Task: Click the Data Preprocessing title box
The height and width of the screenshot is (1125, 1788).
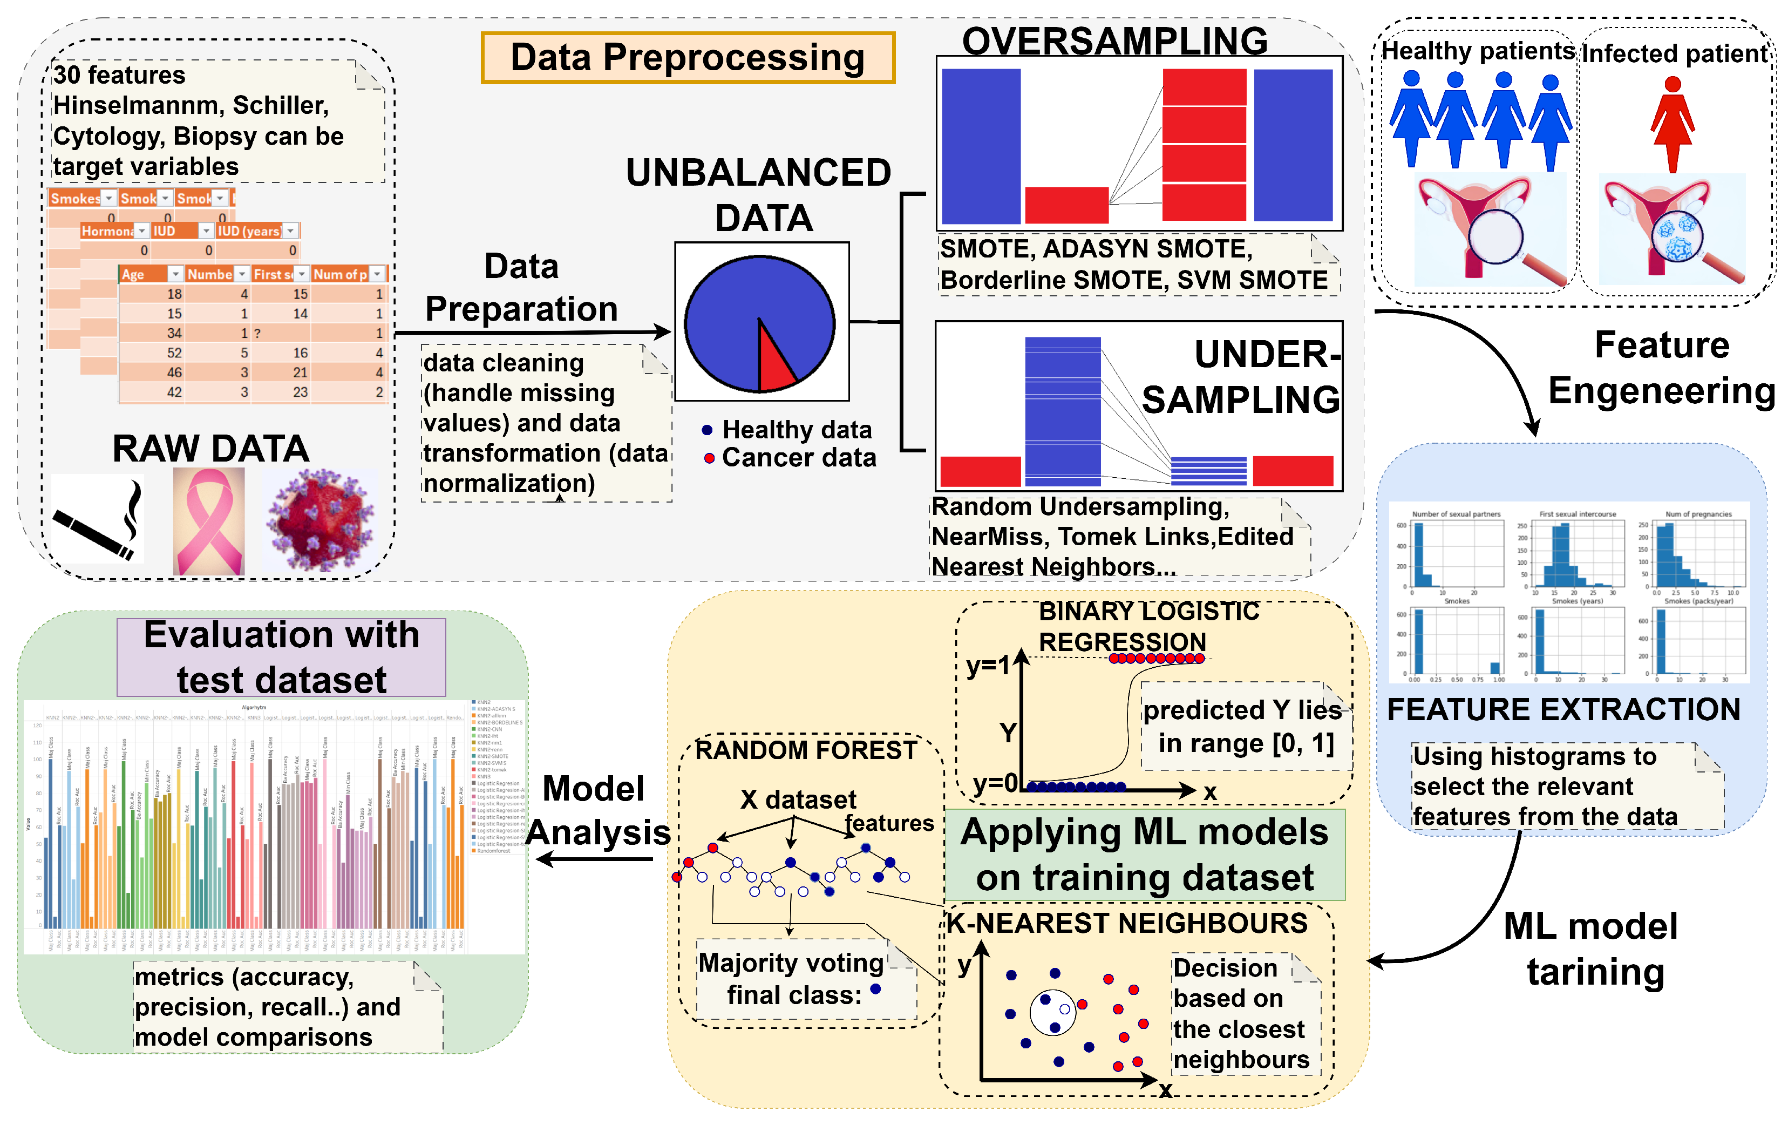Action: (x=688, y=57)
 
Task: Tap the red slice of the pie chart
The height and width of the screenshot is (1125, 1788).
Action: (x=774, y=362)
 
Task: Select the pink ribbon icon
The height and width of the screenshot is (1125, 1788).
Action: (x=209, y=521)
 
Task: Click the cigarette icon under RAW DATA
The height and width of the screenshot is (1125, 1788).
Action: (x=97, y=520)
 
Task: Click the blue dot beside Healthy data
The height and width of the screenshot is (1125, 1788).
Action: (x=707, y=430)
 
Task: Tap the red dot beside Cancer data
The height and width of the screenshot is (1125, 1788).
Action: (x=709, y=458)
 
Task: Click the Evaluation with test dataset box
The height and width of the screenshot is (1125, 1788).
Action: (x=281, y=657)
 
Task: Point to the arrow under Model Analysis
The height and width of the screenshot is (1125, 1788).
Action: (x=594, y=859)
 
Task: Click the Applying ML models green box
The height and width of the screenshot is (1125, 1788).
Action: (x=1144, y=855)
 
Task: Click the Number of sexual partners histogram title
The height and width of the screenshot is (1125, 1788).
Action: (x=1456, y=514)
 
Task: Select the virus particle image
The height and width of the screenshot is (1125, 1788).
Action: (x=321, y=520)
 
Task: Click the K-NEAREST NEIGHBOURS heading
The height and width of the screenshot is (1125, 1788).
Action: (x=1126, y=923)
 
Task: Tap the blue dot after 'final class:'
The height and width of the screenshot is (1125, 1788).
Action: (x=875, y=988)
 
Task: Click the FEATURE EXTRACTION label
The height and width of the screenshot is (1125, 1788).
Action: (x=1563, y=710)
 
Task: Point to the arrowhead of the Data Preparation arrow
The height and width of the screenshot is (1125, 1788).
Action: (x=663, y=332)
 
